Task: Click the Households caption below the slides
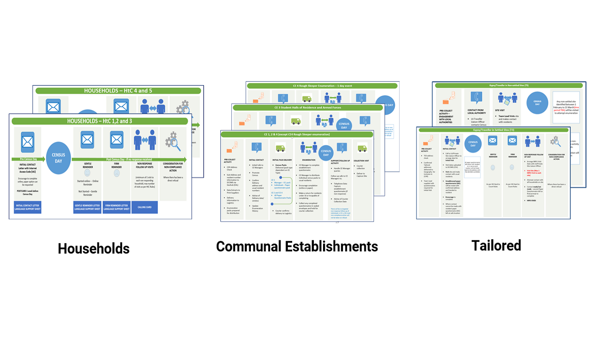tap(93, 248)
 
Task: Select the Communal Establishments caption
tap(297, 247)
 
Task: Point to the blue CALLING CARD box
tap(144, 207)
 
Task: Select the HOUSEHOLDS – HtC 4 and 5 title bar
tap(118, 91)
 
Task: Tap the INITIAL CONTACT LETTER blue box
tap(28, 207)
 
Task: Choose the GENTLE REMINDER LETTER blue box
tap(87, 207)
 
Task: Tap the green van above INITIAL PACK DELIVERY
tap(280, 148)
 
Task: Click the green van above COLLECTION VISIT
tap(362, 148)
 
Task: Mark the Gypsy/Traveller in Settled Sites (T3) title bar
tap(493, 130)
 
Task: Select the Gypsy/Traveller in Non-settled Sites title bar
tap(509, 86)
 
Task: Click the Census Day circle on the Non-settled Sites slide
tap(537, 103)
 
